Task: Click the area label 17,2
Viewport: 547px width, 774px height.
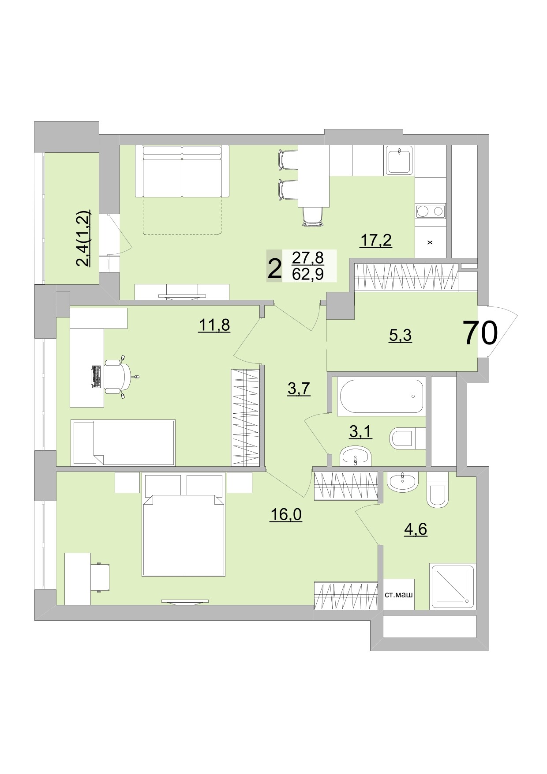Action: tap(376, 241)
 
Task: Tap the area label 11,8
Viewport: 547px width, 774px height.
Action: tap(214, 325)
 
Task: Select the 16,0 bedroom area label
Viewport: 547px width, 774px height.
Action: tap(285, 515)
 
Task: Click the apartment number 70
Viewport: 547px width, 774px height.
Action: tap(480, 333)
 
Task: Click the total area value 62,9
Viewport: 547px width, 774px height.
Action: tap(308, 275)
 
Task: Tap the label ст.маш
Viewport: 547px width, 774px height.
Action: tap(399, 595)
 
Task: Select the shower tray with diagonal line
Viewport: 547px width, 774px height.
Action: tap(452, 586)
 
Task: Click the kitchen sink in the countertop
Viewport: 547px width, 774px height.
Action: tap(400, 161)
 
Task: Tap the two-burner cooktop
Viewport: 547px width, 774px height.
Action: tap(430, 211)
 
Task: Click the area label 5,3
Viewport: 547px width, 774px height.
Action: tap(400, 336)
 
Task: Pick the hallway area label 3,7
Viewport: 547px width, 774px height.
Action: tap(299, 389)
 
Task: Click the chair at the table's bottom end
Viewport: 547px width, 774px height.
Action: tap(314, 217)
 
